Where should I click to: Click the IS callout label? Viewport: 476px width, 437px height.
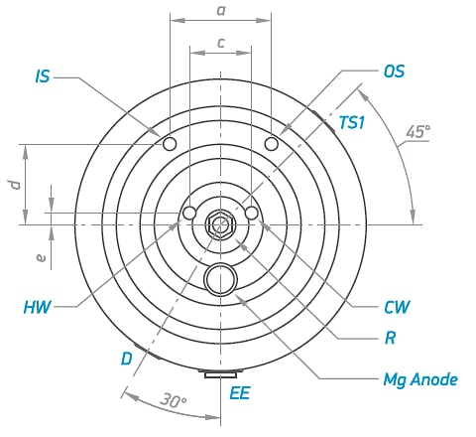[x=43, y=76]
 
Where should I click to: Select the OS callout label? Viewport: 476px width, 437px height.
[x=394, y=72]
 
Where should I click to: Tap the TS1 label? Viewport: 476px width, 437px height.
[x=352, y=122]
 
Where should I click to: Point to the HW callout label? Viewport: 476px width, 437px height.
[x=38, y=307]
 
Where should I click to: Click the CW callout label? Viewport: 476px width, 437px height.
[x=397, y=307]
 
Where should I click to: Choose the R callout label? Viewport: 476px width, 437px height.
[x=391, y=338]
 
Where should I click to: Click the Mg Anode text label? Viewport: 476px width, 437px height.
[x=420, y=379]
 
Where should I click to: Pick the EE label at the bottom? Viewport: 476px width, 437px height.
[x=240, y=393]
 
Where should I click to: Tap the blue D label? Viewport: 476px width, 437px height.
[x=127, y=359]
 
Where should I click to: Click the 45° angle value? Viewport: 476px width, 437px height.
[x=418, y=132]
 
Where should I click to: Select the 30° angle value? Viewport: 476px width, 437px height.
[x=174, y=400]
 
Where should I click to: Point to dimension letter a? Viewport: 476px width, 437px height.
[x=221, y=11]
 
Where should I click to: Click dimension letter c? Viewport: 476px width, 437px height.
[x=221, y=43]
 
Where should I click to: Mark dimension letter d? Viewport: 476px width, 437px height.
[x=15, y=185]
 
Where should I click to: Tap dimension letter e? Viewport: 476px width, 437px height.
[x=41, y=257]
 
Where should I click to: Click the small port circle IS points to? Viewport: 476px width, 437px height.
[x=170, y=144]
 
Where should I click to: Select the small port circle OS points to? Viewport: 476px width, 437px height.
[x=272, y=144]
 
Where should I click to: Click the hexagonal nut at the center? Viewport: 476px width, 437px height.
[x=220, y=224]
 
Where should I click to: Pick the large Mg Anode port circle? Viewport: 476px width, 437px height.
[x=220, y=279]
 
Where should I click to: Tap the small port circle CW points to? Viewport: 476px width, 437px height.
[x=252, y=213]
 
